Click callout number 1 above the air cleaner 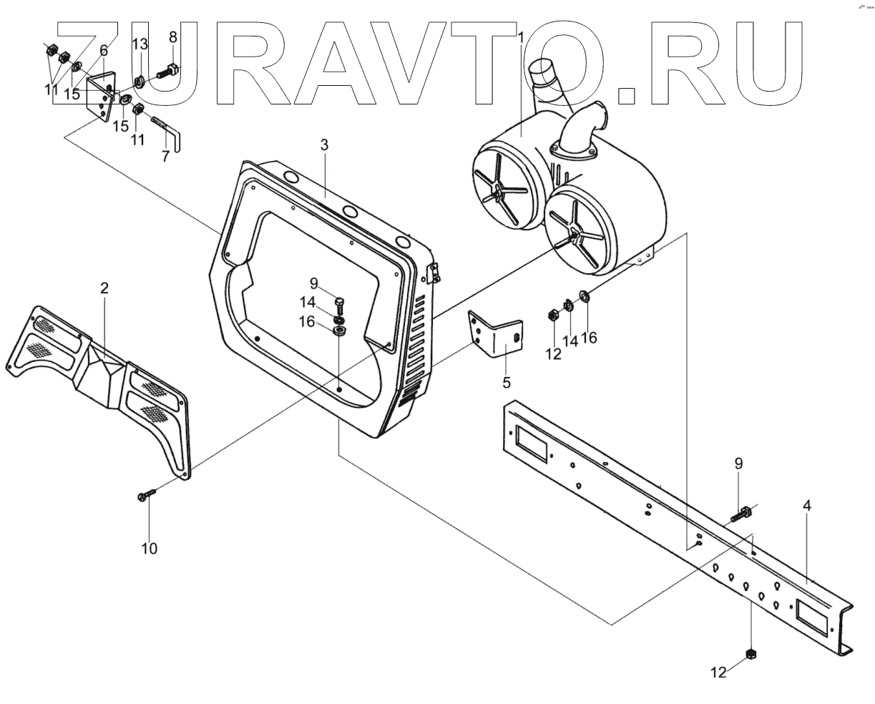tap(522, 37)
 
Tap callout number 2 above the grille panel tap(104, 288)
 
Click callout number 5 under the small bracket tap(507, 383)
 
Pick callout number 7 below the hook tap(166, 157)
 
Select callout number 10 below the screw tap(149, 549)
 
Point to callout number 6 tap(104, 50)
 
